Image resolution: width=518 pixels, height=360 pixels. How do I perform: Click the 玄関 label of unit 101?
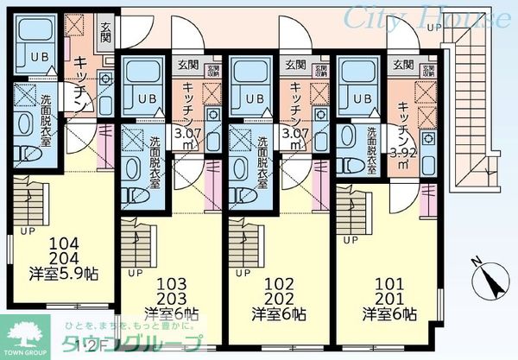click(x=402, y=65)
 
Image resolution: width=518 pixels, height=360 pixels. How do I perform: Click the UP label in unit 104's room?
click(x=28, y=231)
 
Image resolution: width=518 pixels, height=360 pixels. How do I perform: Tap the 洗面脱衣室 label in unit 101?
click(x=371, y=148)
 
